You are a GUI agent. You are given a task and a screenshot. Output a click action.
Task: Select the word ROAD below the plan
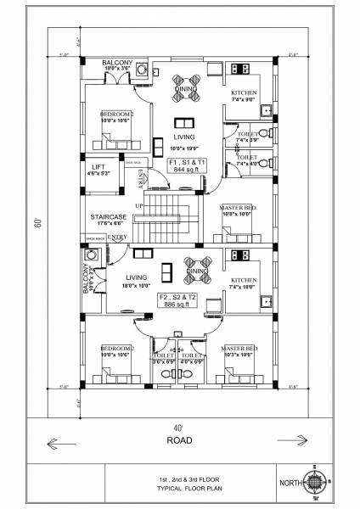click(x=179, y=440)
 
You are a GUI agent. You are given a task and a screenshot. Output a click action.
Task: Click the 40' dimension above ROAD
click(x=178, y=428)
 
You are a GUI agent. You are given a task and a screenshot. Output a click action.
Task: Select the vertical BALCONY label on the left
click(x=86, y=277)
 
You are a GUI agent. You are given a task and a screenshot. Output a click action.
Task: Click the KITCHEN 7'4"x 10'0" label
click(x=244, y=282)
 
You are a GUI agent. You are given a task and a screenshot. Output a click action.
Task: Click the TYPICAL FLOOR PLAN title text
click(x=180, y=489)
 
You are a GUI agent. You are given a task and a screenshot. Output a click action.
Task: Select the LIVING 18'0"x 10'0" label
click(x=136, y=280)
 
